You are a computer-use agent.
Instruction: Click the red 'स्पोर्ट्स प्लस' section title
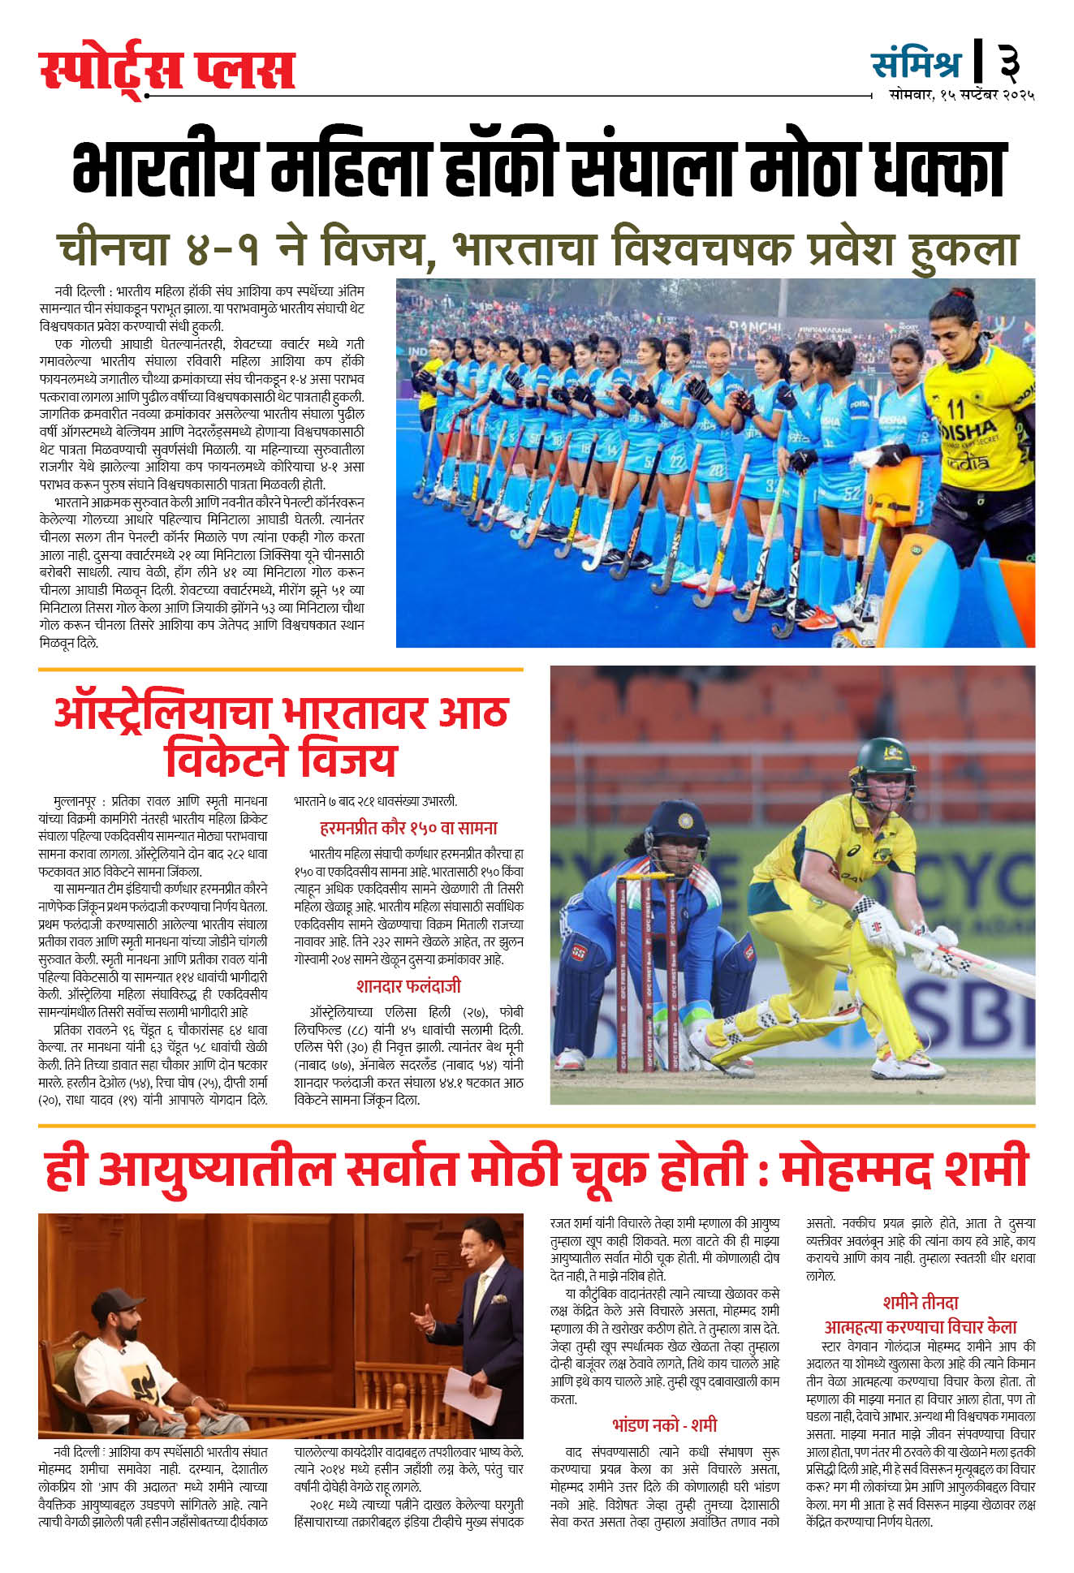166,71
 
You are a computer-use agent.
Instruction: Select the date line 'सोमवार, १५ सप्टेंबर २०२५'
961,95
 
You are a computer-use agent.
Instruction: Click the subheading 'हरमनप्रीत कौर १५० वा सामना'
408,828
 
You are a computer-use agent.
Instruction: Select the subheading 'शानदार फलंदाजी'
408,986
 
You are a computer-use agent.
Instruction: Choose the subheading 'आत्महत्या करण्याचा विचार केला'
921,1327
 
